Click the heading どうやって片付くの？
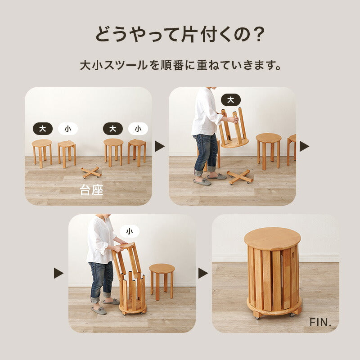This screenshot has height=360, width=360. click(180, 35)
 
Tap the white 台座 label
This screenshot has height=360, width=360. click(91, 190)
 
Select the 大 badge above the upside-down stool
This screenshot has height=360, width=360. click(231, 100)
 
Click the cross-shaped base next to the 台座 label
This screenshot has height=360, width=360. click(91, 172)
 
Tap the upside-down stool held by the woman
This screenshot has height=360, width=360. click(234, 130)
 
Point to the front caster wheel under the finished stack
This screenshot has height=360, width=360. click(257, 316)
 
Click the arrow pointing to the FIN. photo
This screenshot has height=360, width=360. click(203, 273)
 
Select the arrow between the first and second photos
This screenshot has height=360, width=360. click(160, 146)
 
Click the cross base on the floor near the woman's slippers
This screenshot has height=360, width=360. click(240, 176)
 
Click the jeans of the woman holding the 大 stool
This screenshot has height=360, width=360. click(206, 151)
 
